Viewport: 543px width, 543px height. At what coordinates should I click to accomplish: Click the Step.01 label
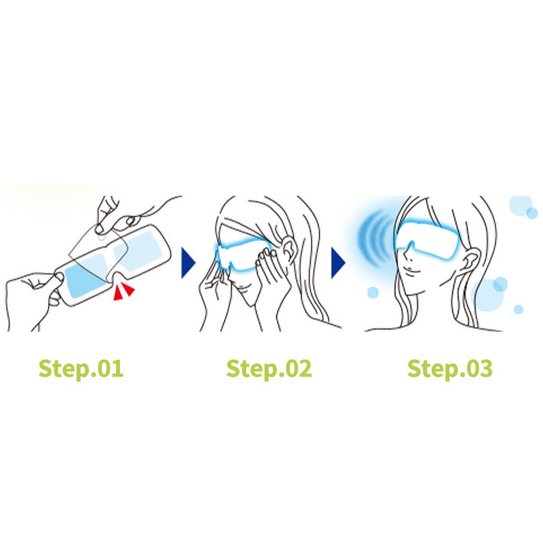80,369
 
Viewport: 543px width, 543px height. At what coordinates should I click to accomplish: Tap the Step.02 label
269,369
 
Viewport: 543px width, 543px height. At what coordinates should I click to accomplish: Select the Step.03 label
450,369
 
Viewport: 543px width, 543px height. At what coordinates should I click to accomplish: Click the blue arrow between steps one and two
188,262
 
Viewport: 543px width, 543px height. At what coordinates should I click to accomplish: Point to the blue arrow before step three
338,262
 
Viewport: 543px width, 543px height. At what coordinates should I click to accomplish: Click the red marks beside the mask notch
123,291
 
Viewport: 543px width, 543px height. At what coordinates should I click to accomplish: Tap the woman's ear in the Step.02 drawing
289,247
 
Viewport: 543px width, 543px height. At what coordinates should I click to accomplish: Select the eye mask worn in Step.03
428,239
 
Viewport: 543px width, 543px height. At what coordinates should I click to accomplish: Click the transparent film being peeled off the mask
99,254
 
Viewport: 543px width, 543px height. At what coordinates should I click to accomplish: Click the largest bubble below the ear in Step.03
489,295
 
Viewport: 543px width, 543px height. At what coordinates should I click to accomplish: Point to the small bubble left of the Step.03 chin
373,292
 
